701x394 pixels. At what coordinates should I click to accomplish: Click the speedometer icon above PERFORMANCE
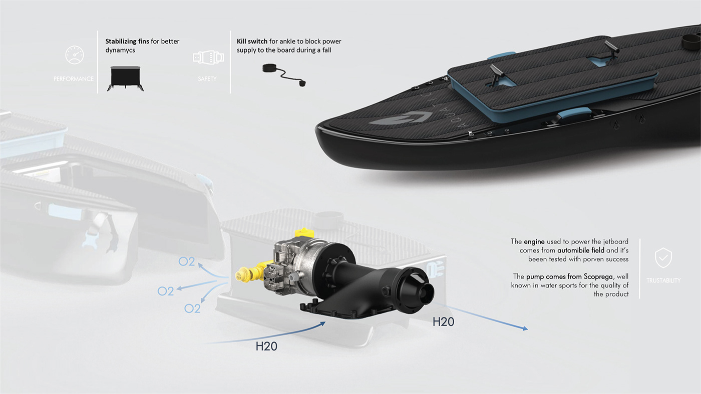point(74,55)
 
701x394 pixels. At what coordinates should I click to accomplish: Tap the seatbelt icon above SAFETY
point(208,57)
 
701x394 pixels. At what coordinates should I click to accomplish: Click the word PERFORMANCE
point(74,79)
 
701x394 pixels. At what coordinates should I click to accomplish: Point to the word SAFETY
point(207,79)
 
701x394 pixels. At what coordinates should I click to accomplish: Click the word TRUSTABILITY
point(663,280)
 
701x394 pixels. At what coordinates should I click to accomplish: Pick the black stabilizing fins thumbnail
point(126,78)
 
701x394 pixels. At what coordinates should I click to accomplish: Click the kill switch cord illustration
point(284,74)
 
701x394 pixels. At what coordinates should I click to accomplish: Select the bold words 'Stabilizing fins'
point(127,41)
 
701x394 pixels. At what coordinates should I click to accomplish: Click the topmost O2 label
point(186,261)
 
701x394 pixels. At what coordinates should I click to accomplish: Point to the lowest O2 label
point(192,308)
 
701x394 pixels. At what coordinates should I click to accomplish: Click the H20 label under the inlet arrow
point(266,346)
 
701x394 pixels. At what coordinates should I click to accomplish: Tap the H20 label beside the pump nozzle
point(443,322)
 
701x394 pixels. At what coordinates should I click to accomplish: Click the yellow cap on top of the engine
point(305,233)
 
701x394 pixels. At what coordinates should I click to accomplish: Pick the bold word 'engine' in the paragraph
point(535,241)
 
